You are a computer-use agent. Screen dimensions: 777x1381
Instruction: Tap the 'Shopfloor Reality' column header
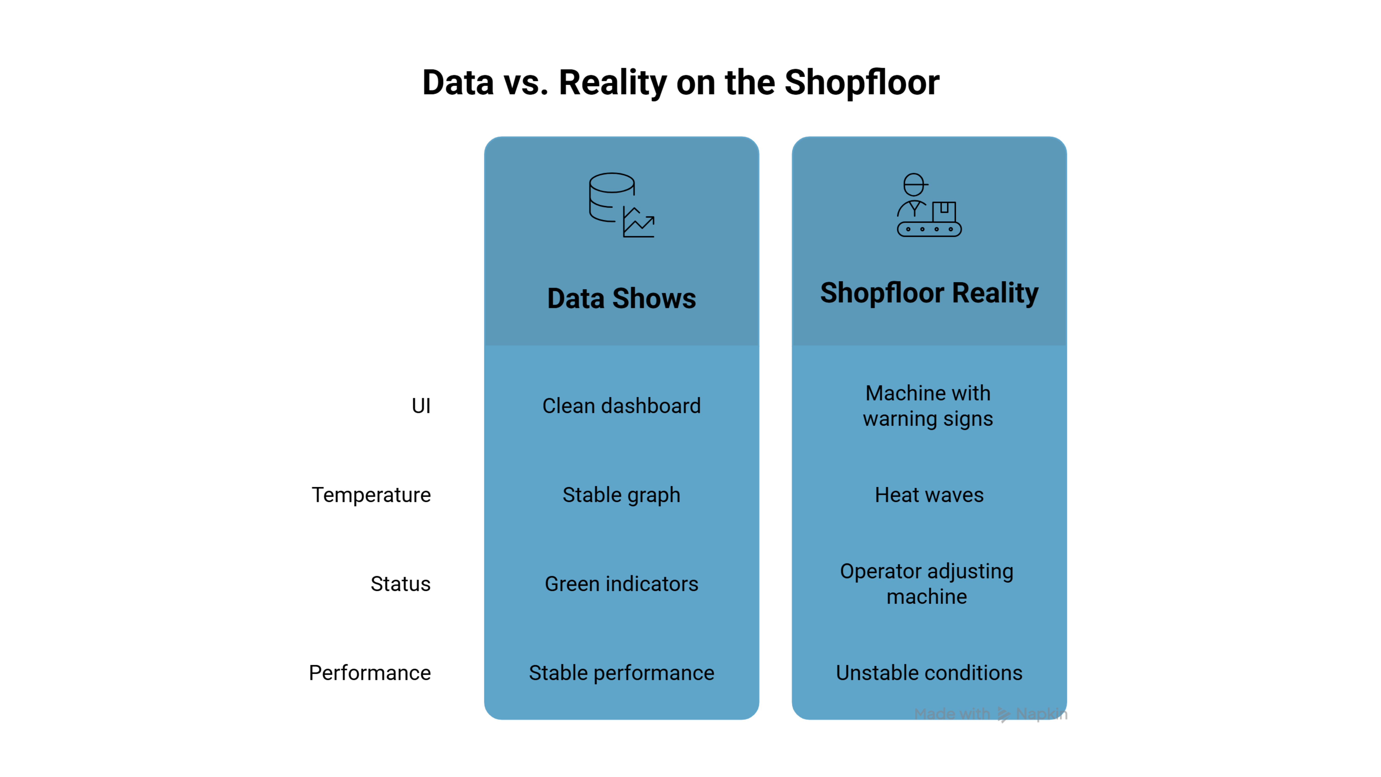click(929, 293)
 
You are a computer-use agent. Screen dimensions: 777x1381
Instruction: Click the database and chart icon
click(621, 205)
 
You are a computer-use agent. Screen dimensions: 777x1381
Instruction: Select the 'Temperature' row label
click(371, 495)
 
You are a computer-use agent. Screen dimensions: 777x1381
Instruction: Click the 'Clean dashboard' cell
click(621, 406)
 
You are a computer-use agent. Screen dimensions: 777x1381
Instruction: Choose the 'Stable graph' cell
click(621, 495)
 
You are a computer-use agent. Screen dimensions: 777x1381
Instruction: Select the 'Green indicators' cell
click(621, 584)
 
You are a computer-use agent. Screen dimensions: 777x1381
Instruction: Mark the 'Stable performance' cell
click(621, 673)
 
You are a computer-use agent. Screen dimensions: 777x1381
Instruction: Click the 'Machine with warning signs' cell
click(928, 406)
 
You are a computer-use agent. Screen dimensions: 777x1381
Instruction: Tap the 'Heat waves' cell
click(929, 495)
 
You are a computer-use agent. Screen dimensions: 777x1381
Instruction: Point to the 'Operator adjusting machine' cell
click(927, 584)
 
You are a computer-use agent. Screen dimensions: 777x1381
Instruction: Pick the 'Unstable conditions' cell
click(929, 673)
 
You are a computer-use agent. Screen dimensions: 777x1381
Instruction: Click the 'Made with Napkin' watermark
click(991, 714)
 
